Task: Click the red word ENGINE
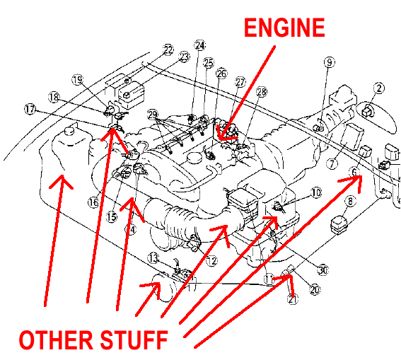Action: click(x=284, y=28)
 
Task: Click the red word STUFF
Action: click(x=134, y=340)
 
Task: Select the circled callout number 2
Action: click(x=379, y=88)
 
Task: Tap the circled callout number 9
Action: click(x=328, y=62)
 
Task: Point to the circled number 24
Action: click(x=200, y=46)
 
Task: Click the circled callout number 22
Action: click(x=168, y=50)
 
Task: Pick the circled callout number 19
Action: click(x=77, y=80)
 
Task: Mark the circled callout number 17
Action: click(x=29, y=109)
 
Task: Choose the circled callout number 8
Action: click(x=349, y=202)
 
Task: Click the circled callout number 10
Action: click(x=315, y=192)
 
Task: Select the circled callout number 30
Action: click(x=323, y=269)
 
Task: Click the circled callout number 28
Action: click(x=262, y=93)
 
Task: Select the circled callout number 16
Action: click(x=93, y=202)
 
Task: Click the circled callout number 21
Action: click(x=293, y=298)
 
